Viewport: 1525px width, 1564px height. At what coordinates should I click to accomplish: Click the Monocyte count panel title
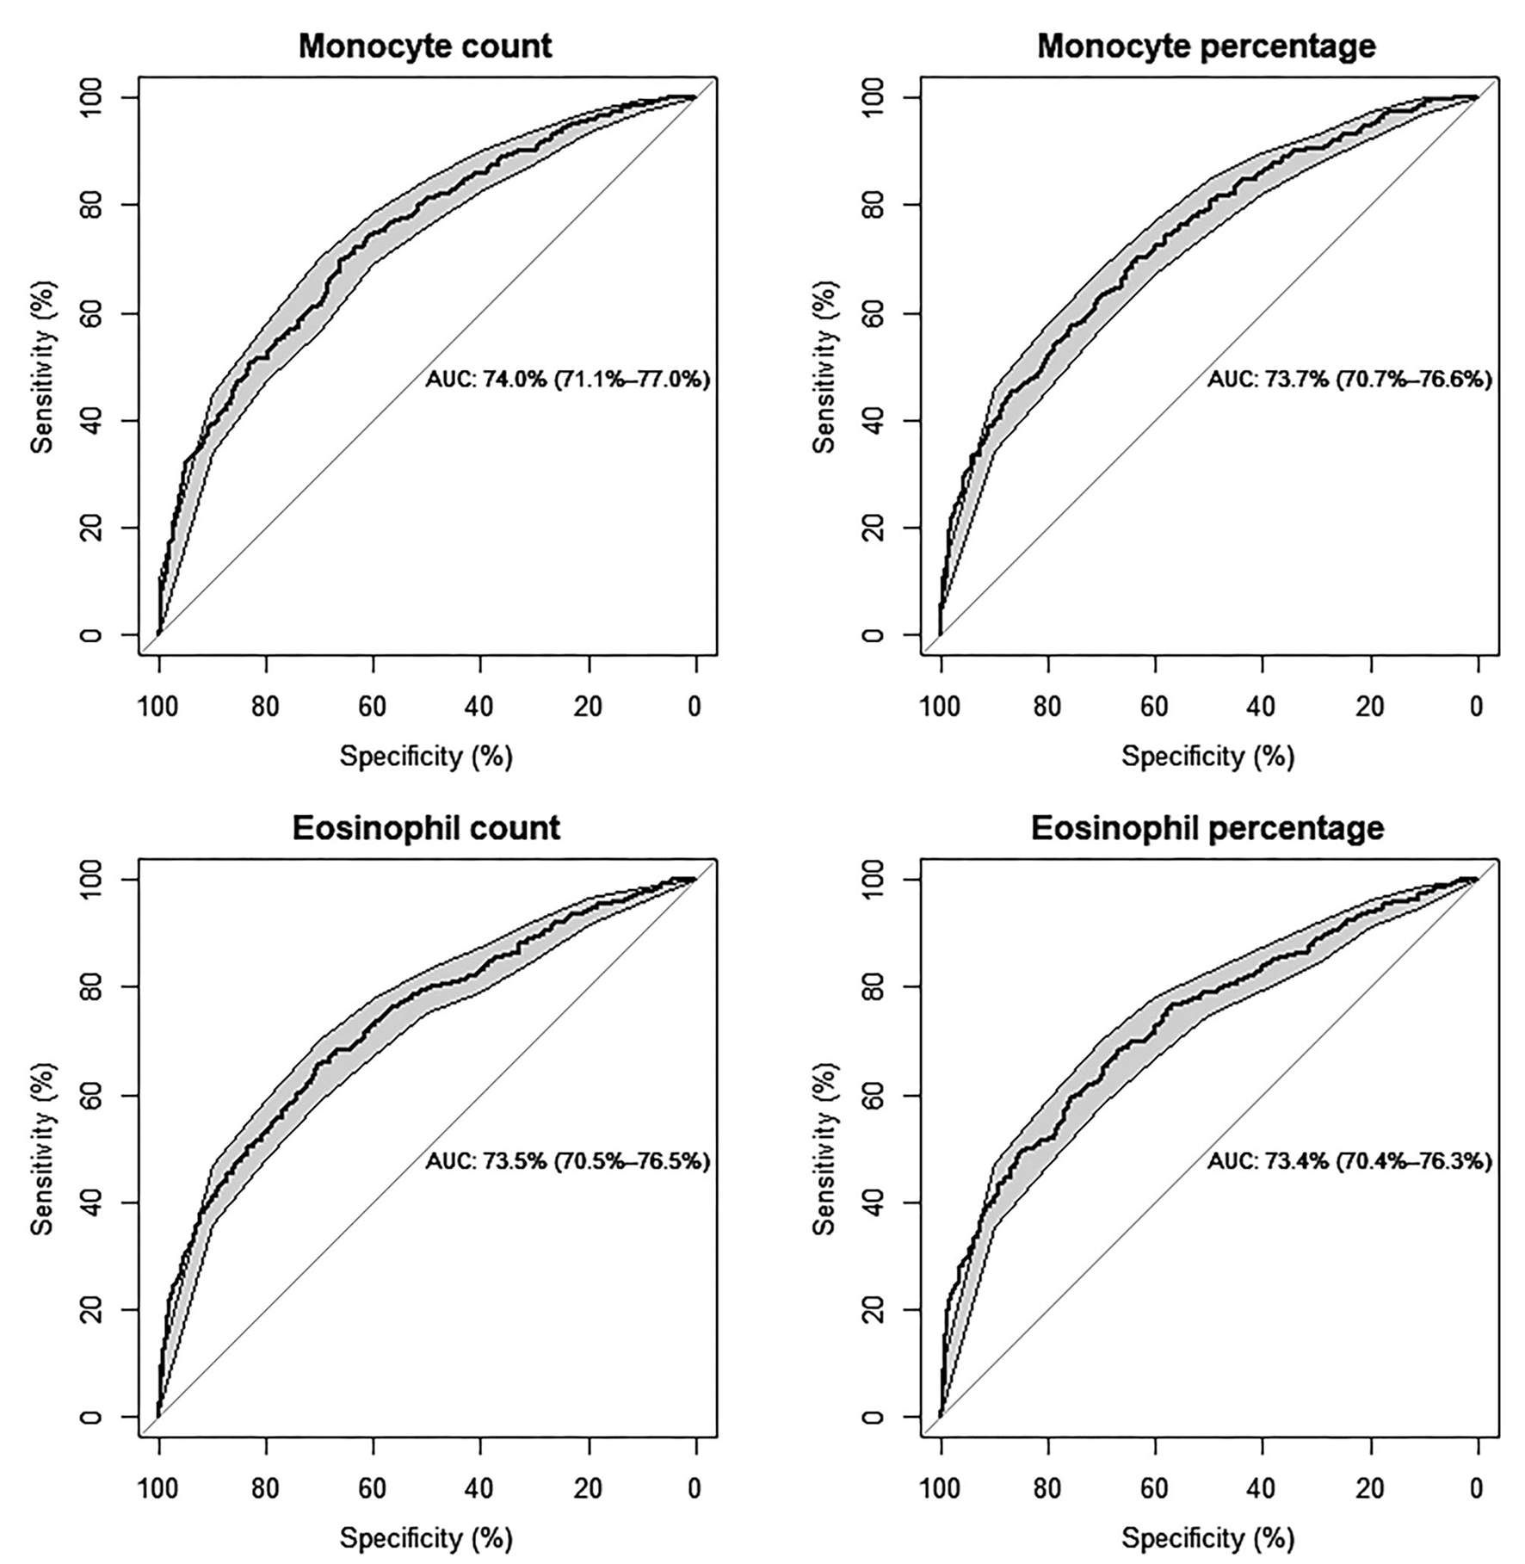(425, 46)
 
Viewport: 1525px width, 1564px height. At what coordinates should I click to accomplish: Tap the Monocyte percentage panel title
(1206, 46)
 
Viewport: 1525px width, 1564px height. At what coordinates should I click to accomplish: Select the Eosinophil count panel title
(426, 828)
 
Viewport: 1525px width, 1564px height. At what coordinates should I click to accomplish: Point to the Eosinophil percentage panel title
(1207, 828)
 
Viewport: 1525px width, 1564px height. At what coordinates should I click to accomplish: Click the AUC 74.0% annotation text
(567, 379)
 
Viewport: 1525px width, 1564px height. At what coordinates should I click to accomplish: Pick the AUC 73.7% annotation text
(1349, 379)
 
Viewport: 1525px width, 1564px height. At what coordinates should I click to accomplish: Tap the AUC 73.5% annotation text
(567, 1161)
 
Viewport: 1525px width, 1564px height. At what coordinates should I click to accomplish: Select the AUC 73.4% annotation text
(1349, 1161)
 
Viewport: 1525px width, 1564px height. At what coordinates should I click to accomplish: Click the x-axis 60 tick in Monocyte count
(373, 707)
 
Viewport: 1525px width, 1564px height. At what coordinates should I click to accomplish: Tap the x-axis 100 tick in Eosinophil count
(158, 1488)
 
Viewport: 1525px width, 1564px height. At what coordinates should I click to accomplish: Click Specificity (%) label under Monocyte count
(426, 757)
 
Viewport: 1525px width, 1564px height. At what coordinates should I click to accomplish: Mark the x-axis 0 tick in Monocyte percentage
(1477, 707)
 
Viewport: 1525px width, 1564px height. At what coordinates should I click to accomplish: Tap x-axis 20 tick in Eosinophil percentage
(1370, 1488)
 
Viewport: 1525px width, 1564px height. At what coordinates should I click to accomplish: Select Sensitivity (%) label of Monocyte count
(43, 366)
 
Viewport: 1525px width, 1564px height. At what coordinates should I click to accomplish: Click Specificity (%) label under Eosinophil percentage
(1207, 1538)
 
